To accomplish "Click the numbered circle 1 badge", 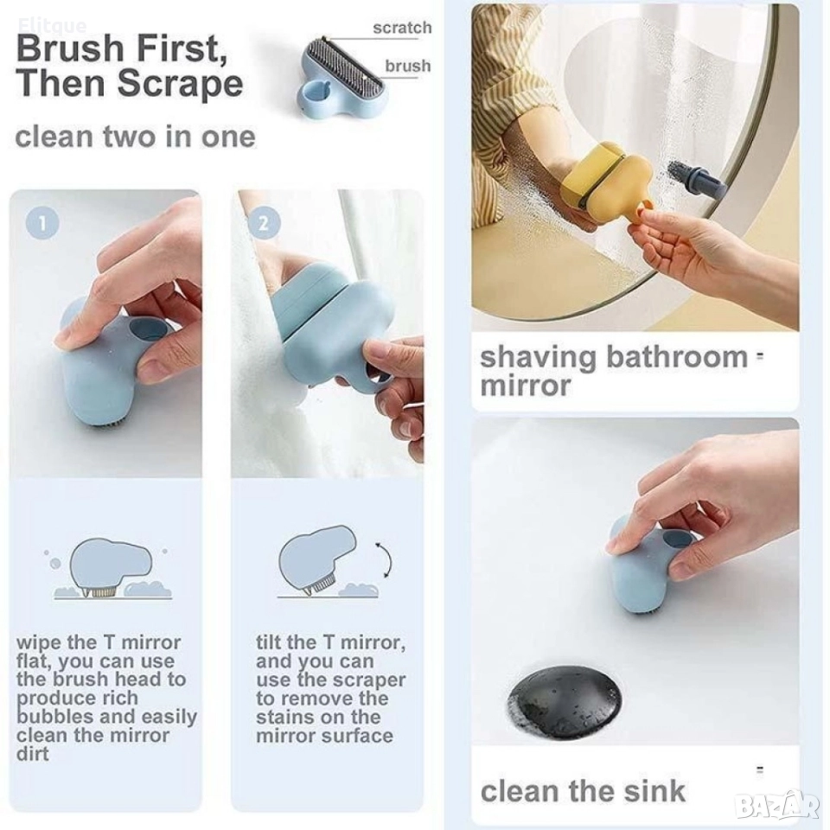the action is tap(42, 222).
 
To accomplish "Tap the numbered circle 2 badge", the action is tap(263, 222).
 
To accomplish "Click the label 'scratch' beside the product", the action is tap(402, 28).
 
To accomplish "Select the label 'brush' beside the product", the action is tap(407, 67).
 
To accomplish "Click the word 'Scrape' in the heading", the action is tap(181, 84).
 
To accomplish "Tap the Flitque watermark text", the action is tap(53, 25).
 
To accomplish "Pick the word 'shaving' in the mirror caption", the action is tap(539, 357).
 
